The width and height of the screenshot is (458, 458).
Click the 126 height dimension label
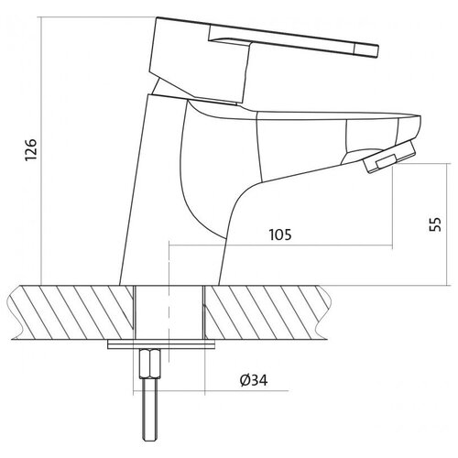tap(31, 149)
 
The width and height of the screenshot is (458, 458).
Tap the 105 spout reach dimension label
tap(280, 234)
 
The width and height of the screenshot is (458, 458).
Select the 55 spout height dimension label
tap(435, 224)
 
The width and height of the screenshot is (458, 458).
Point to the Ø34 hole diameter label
tap(254, 380)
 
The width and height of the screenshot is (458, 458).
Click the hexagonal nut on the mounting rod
tap(149, 365)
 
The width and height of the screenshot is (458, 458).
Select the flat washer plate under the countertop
tap(161, 344)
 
